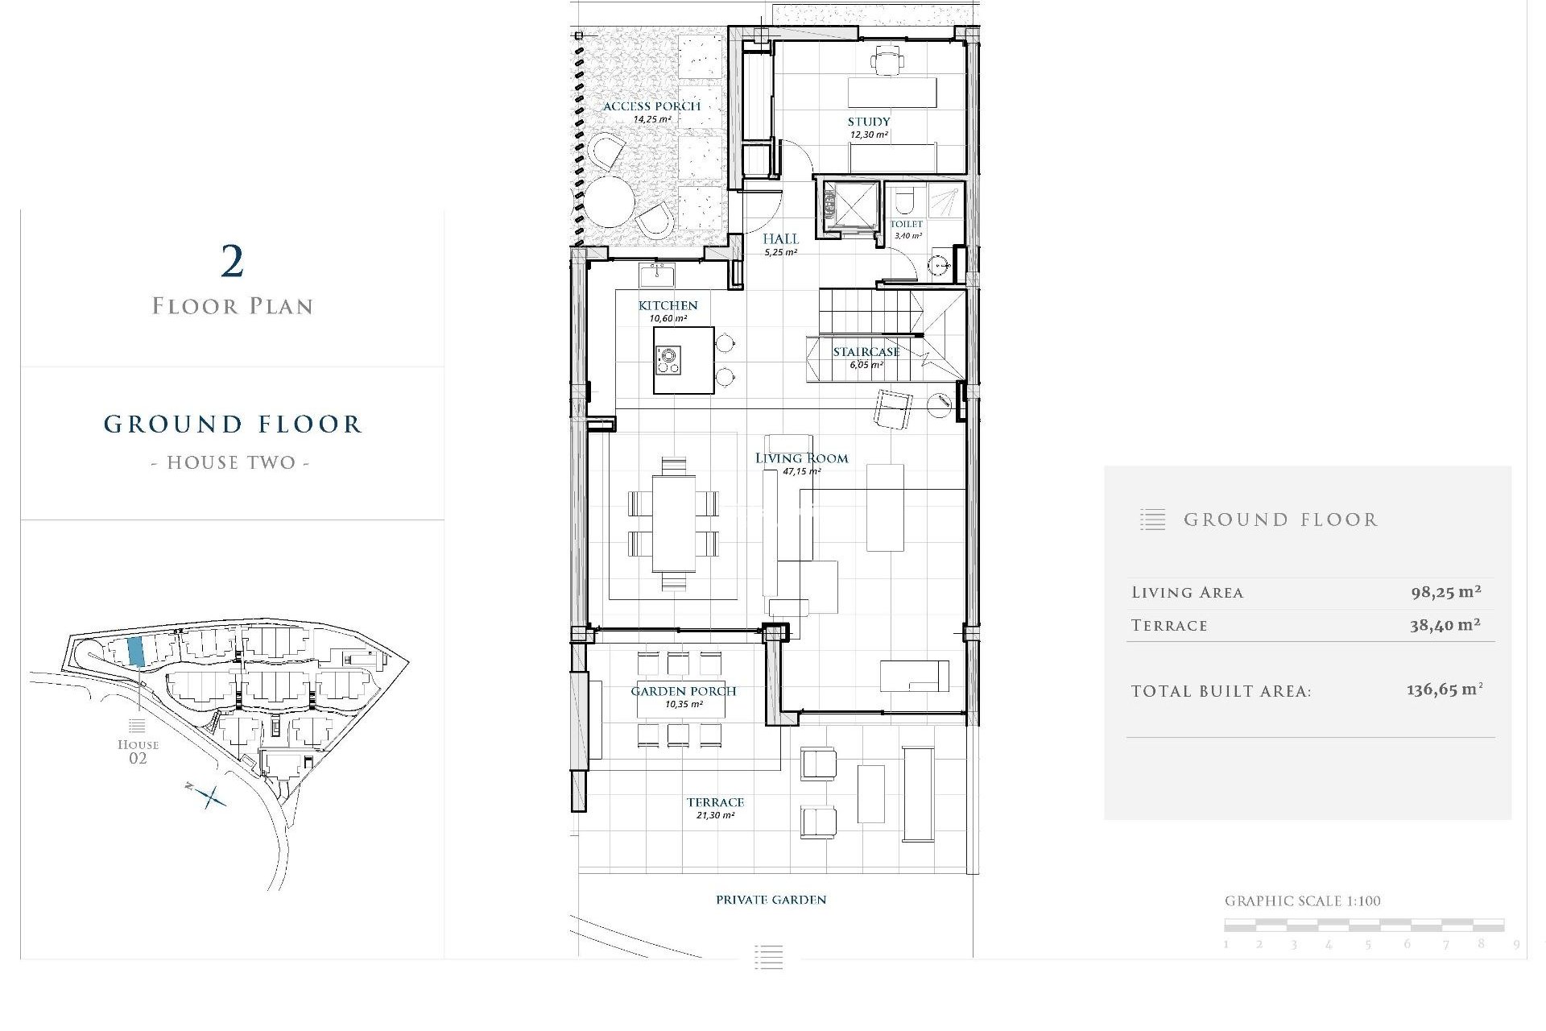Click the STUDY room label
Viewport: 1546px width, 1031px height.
click(869, 122)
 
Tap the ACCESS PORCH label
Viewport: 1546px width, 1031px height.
click(651, 106)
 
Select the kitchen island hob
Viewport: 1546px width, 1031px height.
click(668, 360)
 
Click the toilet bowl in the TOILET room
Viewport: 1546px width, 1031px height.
click(904, 199)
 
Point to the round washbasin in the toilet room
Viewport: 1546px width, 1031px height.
click(938, 265)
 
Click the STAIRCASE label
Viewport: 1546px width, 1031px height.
click(866, 352)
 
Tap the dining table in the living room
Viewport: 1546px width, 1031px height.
click(673, 523)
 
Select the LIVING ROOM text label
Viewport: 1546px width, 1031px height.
click(801, 458)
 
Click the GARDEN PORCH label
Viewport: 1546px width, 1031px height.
click(683, 691)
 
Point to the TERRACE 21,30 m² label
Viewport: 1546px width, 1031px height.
click(715, 807)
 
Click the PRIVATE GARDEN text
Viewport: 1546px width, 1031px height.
click(771, 900)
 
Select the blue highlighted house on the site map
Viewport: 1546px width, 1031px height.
click(136, 651)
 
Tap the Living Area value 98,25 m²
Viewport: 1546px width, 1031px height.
click(1445, 592)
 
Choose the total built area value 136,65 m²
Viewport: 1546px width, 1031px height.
click(1444, 690)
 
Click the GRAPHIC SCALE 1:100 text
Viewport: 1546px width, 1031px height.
click(1302, 901)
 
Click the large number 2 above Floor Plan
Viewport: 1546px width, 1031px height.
click(232, 262)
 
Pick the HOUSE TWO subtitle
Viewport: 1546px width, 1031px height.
click(230, 462)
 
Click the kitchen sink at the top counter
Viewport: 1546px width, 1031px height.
click(657, 275)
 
